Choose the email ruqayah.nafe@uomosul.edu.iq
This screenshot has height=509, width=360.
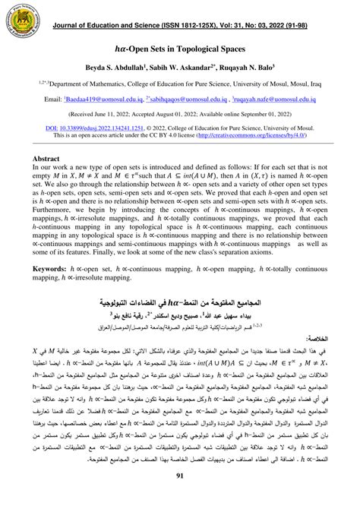pyautogui.click(x=284, y=100)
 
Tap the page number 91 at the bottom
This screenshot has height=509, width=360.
pyautogui.click(x=180, y=498)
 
